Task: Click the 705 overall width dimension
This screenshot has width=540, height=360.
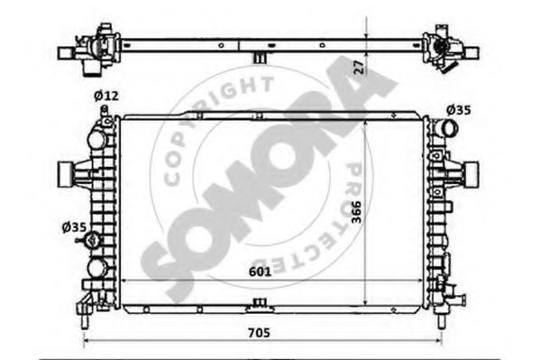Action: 260,333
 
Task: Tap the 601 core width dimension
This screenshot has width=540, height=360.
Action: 260,272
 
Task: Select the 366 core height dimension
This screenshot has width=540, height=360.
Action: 357,212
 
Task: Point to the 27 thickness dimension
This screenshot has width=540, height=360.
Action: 359,68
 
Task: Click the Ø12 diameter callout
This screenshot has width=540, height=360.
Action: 106,96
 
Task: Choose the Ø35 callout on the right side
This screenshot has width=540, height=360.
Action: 458,110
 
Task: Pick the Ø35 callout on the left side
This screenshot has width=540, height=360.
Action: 74,227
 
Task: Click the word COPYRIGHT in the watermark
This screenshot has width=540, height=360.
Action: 215,121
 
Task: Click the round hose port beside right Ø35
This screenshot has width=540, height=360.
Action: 449,129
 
